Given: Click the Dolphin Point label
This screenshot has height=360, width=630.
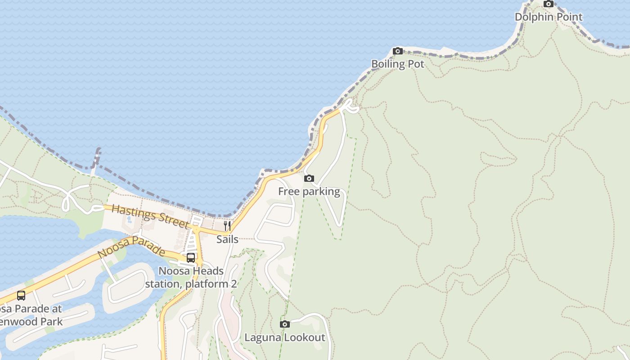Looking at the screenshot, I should pyautogui.click(x=548, y=17).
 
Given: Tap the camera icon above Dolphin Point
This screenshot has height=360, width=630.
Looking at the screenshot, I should pyautogui.click(x=548, y=4).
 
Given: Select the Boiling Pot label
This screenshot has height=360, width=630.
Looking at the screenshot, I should pyautogui.click(x=397, y=64).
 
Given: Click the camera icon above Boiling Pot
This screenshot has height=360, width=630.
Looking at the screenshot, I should pyautogui.click(x=397, y=51).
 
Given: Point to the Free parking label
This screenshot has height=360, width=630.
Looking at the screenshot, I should pyautogui.click(x=309, y=192).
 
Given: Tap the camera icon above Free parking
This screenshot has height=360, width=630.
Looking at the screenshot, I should pyautogui.click(x=309, y=179).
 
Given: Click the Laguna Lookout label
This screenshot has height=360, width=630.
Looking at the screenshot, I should pyautogui.click(x=284, y=337).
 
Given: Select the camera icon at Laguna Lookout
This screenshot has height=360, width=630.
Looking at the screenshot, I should pyautogui.click(x=284, y=324).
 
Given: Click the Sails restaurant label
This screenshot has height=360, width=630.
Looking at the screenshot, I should pyautogui.click(x=227, y=239).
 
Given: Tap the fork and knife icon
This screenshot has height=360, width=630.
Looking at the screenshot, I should pyautogui.click(x=227, y=225).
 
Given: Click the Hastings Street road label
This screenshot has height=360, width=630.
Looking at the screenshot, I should pyautogui.click(x=150, y=216).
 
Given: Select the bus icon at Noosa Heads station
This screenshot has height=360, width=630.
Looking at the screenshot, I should pyautogui.click(x=191, y=258).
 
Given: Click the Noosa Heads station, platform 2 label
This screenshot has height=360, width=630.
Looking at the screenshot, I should pyautogui.click(x=191, y=278).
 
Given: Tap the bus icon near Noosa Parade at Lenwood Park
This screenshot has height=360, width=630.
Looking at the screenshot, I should pyautogui.click(x=21, y=296).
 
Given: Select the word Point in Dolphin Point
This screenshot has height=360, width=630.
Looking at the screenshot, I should pyautogui.click(x=569, y=17).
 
